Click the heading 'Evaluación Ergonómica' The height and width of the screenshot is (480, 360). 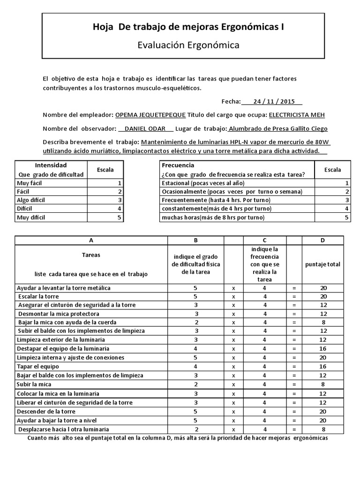click(188, 45)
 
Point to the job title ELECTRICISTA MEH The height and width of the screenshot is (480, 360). click(297, 115)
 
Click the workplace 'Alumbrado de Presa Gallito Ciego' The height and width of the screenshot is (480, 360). click(277, 129)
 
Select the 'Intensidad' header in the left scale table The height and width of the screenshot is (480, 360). click(51, 165)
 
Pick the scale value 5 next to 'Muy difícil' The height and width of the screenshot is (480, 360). click(120, 217)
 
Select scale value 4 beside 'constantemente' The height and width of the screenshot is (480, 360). click(347, 209)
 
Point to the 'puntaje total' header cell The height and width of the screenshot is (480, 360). click(323, 264)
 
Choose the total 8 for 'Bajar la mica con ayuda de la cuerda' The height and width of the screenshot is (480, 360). click(323, 322)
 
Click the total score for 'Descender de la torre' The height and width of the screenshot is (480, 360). click(323, 411)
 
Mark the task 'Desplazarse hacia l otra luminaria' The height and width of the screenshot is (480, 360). click(64, 429)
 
